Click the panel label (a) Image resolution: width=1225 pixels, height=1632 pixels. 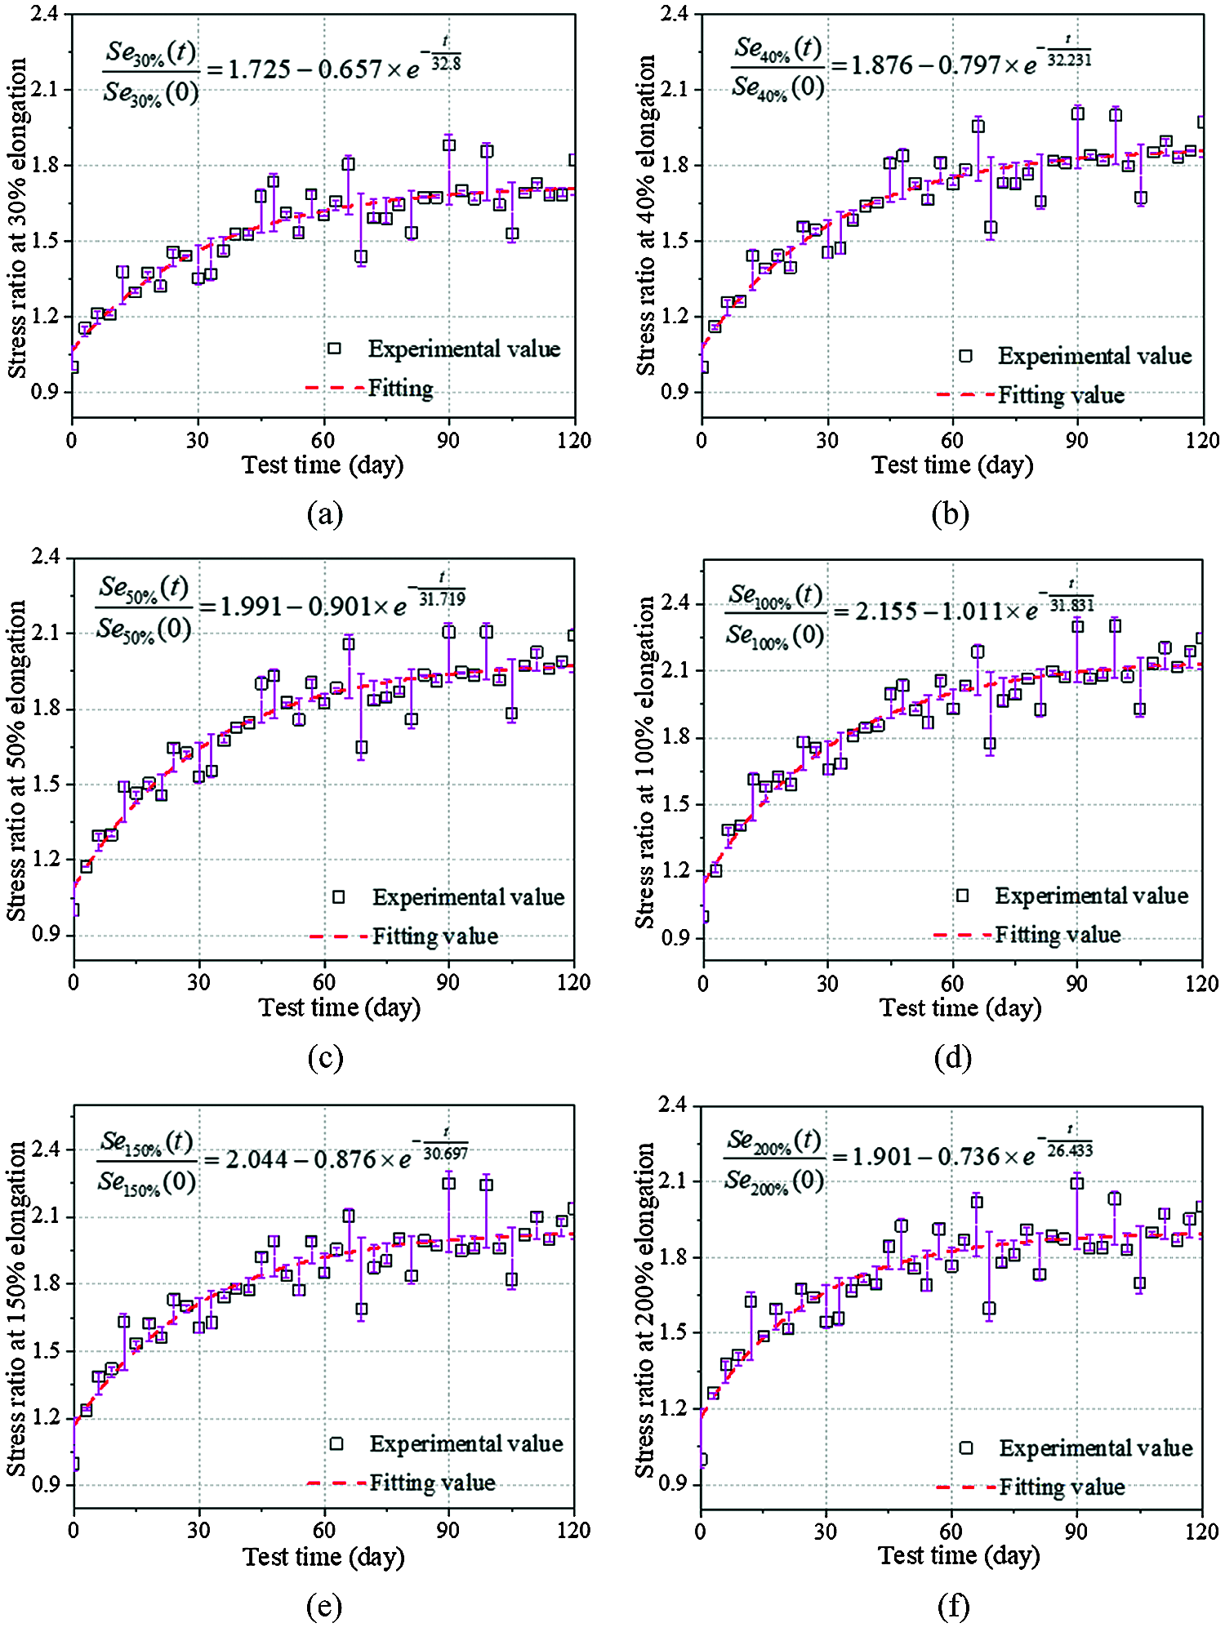pos(325,514)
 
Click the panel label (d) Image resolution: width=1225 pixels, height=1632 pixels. pos(952,1057)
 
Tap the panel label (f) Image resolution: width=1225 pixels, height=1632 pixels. pos(953,1606)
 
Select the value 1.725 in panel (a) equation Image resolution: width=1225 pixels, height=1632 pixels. pos(259,69)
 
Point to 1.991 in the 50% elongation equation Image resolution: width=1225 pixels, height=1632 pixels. pos(252,607)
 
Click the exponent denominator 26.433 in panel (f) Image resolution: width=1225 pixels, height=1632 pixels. pos(1070,1150)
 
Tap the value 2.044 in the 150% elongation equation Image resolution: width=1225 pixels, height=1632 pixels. pos(256,1159)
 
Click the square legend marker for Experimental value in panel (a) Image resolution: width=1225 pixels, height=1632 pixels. pos(334,349)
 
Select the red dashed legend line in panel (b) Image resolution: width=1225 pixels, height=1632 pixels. pos(965,395)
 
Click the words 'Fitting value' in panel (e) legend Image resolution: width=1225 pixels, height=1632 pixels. pos(432,1483)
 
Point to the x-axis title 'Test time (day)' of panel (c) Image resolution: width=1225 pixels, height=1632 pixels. pos(339,1007)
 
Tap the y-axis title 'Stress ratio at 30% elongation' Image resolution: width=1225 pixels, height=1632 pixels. pos(17,218)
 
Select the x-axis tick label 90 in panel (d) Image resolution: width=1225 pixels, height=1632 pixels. pos(1076,983)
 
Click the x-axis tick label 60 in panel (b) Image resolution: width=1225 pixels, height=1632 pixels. pos(952,441)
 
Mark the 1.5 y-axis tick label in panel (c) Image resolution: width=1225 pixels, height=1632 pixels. pos(46,784)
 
